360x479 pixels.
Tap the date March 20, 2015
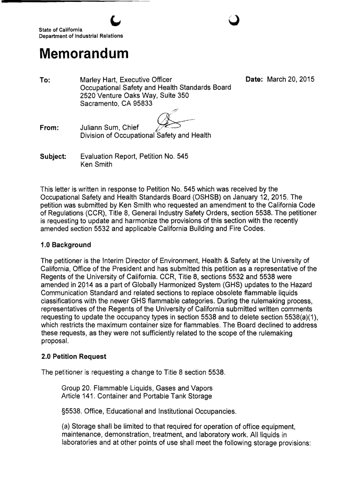[291, 80]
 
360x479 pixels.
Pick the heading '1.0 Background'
[65, 245]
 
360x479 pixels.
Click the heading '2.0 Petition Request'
[73, 356]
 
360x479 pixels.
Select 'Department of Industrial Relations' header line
[81, 36]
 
